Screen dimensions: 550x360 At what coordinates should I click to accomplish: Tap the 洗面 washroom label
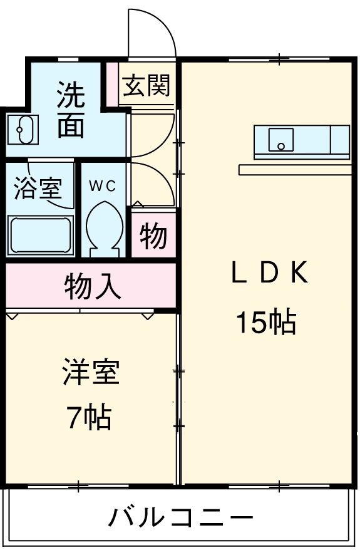71,111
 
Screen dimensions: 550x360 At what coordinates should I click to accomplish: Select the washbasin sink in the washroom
23,130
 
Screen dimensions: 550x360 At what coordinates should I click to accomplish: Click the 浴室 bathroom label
38,188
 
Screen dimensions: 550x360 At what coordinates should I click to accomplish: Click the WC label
101,185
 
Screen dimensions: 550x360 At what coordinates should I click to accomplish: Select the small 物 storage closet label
153,237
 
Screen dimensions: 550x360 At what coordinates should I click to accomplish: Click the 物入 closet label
93,286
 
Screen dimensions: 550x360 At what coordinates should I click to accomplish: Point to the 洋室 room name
90,374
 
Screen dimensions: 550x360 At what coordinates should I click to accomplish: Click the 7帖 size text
89,417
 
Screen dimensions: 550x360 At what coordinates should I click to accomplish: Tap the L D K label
269,274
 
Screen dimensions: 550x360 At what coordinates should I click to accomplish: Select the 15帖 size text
265,322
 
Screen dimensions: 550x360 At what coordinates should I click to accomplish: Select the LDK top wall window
279,60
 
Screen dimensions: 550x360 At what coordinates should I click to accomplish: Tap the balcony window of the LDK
279,485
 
